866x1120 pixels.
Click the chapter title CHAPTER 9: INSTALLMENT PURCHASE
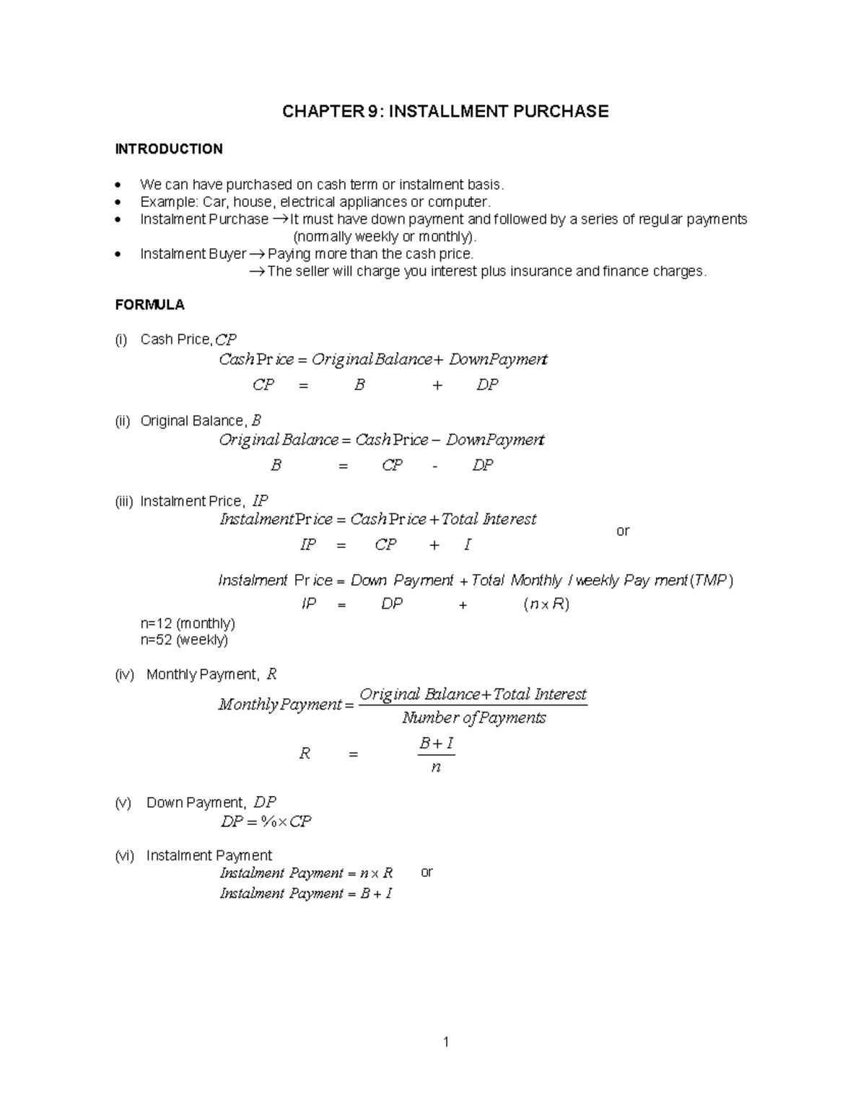[445, 111]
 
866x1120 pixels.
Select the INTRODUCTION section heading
[169, 149]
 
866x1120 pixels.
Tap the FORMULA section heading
[149, 305]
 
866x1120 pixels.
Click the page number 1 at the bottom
[446, 1041]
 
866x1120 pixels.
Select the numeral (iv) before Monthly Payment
[124, 675]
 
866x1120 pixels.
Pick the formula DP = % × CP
[266, 821]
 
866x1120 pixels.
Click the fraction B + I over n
[436, 754]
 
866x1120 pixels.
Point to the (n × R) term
[546, 604]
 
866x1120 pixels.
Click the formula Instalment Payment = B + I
[305, 894]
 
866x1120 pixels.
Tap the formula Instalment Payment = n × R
[306, 873]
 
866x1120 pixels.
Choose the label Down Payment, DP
[211, 803]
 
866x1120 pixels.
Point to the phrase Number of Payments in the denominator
[473, 718]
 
